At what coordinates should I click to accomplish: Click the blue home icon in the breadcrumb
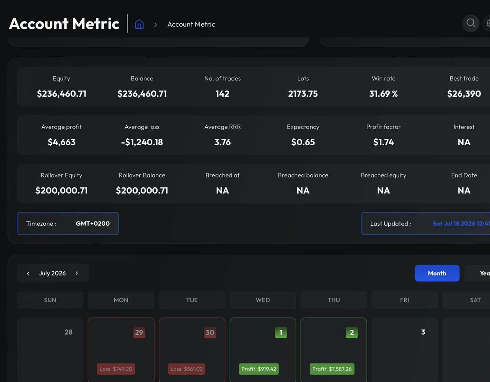pos(139,24)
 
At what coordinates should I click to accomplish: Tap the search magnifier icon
pos(471,23)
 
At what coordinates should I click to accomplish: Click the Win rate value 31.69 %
pos(383,93)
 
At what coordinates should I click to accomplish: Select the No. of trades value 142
pos(223,93)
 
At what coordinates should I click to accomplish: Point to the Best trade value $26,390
pos(464,93)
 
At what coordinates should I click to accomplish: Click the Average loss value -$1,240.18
pos(142,142)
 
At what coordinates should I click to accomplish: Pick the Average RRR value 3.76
pos(223,142)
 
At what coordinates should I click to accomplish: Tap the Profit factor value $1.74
pos(383,142)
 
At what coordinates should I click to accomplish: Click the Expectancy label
pos(303,127)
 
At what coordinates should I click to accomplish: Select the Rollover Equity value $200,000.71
pos(61,191)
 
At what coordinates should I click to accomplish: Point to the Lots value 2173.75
pos(303,93)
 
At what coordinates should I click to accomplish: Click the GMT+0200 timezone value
pos(93,223)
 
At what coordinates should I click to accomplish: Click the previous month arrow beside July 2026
pos(28,273)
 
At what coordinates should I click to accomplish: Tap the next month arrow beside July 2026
pos(77,273)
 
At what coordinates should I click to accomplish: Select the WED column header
pos(263,300)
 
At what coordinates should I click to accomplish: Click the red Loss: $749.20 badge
pos(116,369)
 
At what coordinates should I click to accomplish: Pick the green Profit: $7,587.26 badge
pos(332,369)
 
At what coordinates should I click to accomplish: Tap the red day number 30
pos(210,333)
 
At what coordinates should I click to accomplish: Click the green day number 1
pos(281,333)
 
